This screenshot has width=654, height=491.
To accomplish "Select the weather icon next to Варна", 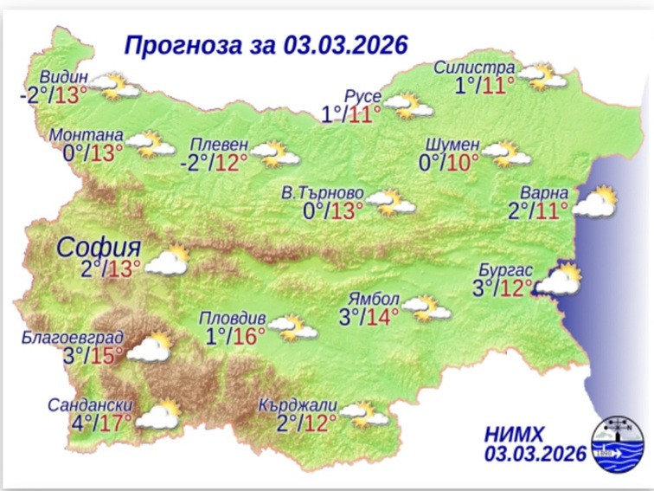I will point(595,203).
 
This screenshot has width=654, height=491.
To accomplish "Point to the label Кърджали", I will point(298,405).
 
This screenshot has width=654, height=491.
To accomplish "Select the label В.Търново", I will point(323,191).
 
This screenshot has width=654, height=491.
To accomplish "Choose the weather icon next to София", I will point(167,261).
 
